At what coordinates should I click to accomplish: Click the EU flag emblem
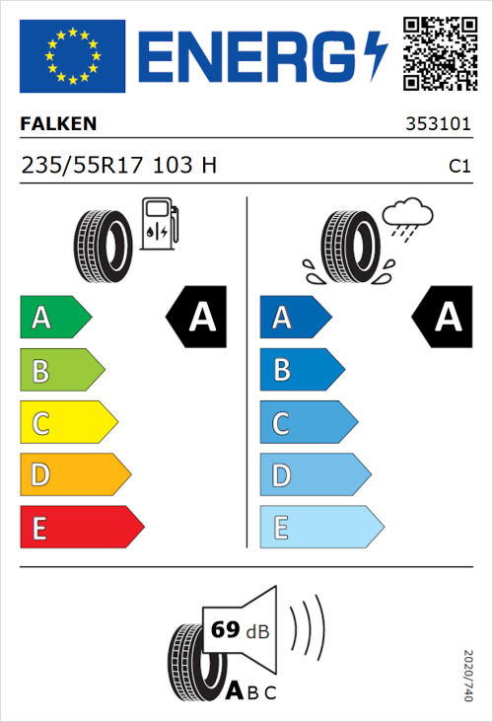[73, 54]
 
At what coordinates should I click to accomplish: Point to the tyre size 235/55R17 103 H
[118, 166]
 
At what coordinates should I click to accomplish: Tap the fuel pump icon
[159, 224]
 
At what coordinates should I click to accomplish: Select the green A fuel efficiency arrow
[55, 318]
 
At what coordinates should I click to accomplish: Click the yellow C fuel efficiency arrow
[68, 423]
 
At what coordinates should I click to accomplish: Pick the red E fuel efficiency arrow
[81, 528]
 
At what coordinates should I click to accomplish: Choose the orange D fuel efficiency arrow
[75, 475]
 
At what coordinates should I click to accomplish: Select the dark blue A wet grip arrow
[294, 318]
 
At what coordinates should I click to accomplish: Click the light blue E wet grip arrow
[320, 528]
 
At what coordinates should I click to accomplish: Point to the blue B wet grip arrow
[301, 371]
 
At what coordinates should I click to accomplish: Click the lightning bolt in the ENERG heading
[376, 54]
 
